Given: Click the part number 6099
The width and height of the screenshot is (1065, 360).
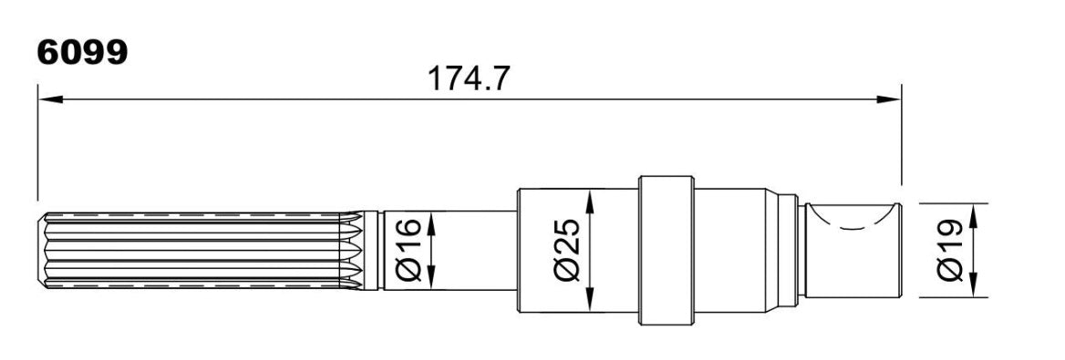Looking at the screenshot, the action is (82, 52).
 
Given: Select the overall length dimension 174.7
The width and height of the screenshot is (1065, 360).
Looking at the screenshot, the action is (468, 78).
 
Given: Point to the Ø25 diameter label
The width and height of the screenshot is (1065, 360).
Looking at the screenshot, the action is (568, 250).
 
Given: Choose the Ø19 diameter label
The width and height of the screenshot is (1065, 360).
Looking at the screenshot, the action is (950, 250).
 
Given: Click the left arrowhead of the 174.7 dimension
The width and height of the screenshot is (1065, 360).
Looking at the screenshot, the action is (50, 100).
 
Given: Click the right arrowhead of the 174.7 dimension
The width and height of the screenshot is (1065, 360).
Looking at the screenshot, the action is (888, 100).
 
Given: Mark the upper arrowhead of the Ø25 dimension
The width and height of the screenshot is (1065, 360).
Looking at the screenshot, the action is (590, 201).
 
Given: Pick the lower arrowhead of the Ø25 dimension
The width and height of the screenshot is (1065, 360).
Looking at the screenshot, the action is (590, 300).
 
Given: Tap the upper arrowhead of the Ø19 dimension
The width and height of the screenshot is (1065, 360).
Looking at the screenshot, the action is (973, 215).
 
